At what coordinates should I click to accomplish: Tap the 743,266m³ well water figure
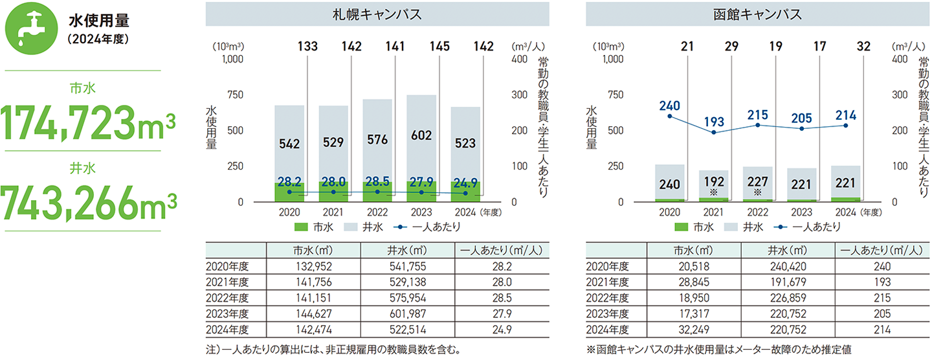point(90,202)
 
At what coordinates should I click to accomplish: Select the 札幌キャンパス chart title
point(377,14)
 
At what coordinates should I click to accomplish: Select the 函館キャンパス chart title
point(758,14)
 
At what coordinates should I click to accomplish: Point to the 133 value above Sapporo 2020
point(308,47)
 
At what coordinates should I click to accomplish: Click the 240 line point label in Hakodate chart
point(670,105)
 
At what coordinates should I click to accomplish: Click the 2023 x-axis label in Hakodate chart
point(803,211)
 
